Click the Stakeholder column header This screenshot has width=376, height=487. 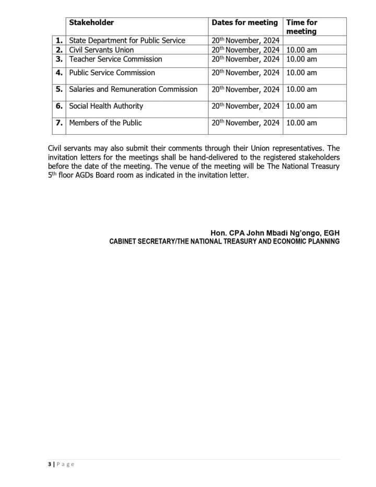(x=91, y=22)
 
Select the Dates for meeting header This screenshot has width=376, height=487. (x=244, y=22)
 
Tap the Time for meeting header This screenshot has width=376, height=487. (x=301, y=27)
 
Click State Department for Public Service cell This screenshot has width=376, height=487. (x=127, y=40)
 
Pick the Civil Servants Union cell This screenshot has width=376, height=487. (x=101, y=50)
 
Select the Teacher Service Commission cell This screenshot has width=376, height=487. (x=115, y=59)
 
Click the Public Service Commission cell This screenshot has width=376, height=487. (x=112, y=73)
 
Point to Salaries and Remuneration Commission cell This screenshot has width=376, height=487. (x=133, y=89)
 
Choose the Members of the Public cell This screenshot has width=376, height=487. (x=105, y=123)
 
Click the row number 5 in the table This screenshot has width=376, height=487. (x=60, y=89)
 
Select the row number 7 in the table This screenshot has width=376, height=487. (x=60, y=123)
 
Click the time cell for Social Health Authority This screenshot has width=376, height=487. (x=301, y=106)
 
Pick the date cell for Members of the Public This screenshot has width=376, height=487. (x=245, y=123)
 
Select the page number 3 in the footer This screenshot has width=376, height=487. (x=49, y=465)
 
